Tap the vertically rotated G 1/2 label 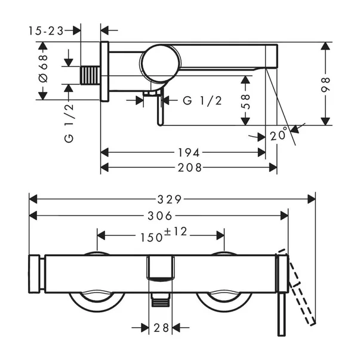69,122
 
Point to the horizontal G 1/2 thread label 202,100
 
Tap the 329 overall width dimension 173,198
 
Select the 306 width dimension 159,216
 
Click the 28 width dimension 160,327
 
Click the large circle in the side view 159,62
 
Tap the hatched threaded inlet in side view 90,76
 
